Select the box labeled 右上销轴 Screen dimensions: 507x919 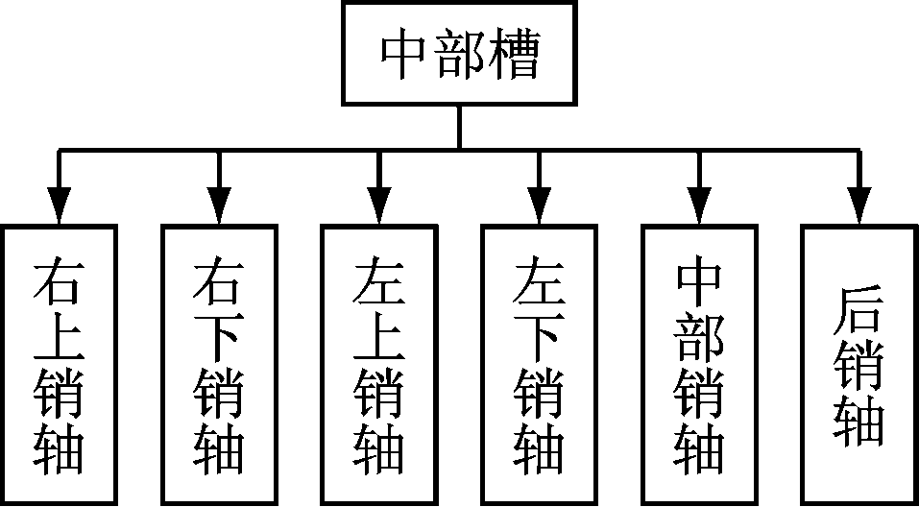click(x=60, y=365)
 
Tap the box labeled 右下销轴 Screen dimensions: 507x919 click(x=219, y=365)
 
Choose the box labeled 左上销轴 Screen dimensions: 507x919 click(x=379, y=365)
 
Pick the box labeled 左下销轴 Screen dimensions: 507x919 click(x=539, y=365)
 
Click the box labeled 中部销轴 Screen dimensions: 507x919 click(x=699, y=365)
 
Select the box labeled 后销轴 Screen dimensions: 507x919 click(x=859, y=365)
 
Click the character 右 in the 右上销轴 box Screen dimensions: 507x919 click(x=60, y=278)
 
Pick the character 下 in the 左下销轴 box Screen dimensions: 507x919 click(x=539, y=336)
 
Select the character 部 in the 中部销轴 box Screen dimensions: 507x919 click(x=699, y=336)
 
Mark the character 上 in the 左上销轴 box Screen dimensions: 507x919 click(x=379, y=336)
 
